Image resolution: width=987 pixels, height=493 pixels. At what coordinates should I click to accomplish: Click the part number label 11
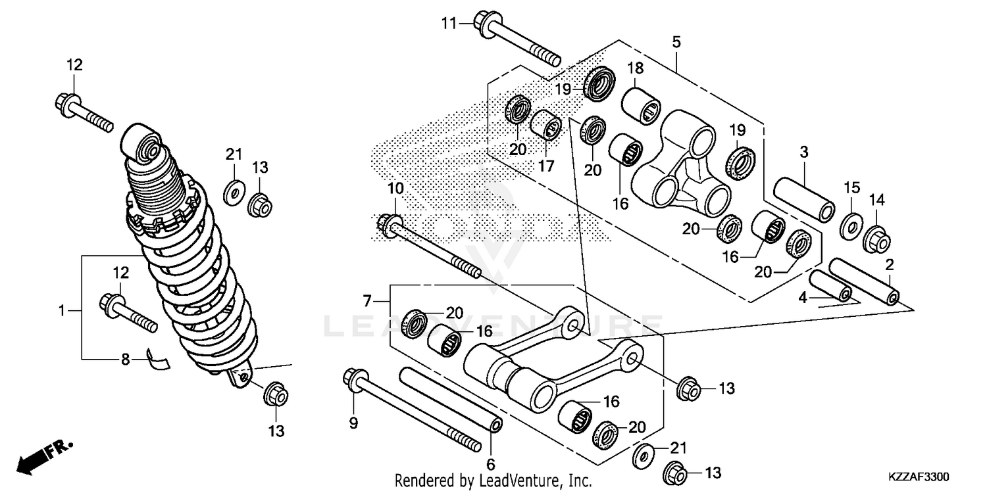[449, 24]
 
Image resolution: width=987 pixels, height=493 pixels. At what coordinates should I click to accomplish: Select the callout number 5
[676, 42]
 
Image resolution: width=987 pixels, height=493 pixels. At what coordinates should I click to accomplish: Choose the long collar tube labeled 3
[803, 197]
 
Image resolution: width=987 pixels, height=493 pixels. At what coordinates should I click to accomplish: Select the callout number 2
[889, 266]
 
